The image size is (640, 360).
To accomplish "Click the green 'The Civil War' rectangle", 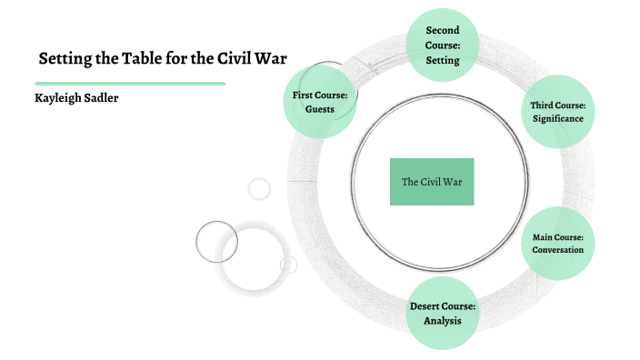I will click(432, 182).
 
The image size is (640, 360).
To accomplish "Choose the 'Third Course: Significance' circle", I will click(557, 112).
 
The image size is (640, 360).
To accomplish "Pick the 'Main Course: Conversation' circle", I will click(557, 243).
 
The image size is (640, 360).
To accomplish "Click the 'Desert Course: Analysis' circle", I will click(442, 313).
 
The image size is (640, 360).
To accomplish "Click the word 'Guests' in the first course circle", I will click(320, 109).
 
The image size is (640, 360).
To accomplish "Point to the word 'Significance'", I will click(557, 119).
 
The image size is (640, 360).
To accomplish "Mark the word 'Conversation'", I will click(557, 250).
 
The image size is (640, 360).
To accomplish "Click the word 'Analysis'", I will click(442, 320).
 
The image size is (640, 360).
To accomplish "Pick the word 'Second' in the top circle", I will click(442, 31).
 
